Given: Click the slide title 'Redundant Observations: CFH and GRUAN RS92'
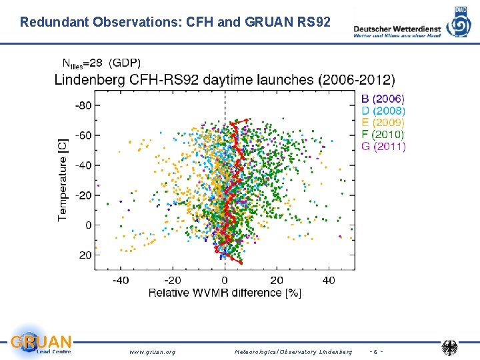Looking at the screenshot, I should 175,21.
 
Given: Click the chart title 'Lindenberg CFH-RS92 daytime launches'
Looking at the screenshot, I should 224,80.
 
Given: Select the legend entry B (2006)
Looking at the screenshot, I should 383,99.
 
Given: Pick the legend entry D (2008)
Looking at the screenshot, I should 383,111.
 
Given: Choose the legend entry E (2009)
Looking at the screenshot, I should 383,123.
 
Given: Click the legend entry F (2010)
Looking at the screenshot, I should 383,135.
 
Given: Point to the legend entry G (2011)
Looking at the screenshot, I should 383,147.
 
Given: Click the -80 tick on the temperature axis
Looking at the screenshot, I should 83,105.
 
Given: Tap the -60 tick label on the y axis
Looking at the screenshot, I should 83,135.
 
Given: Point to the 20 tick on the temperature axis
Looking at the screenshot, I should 85,255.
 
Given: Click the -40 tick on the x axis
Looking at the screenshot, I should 120,281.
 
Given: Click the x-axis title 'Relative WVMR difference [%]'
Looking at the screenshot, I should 224,293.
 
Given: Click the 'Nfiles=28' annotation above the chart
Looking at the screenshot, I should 82,63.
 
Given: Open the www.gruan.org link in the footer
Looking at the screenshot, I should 152,351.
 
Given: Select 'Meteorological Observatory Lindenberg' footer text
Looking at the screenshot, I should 293,351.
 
